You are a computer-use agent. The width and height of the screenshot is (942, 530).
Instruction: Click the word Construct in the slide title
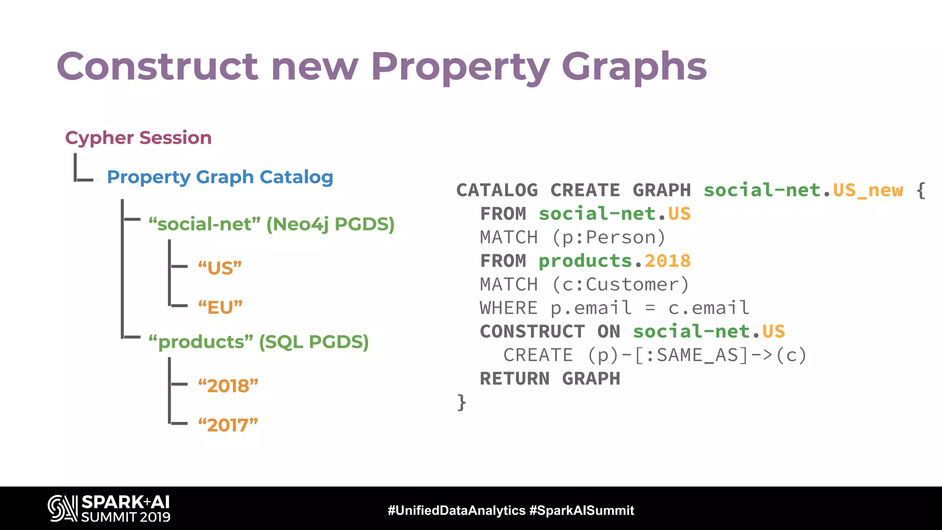[x=157, y=66]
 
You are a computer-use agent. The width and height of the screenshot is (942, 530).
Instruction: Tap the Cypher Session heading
[x=138, y=138]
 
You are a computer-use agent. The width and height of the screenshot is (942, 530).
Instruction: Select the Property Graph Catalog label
[x=220, y=177]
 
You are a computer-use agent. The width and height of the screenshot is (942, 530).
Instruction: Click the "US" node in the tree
[x=220, y=268]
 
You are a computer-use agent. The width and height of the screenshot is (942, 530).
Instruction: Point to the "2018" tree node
[x=228, y=386]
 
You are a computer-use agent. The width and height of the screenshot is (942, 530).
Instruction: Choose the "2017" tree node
[x=228, y=425]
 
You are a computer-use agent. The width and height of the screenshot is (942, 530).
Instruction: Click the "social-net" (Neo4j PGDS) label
[x=271, y=224]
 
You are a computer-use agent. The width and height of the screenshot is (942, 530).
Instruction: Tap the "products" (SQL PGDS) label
[x=258, y=342]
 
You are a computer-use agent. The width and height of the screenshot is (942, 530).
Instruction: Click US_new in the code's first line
[x=868, y=190]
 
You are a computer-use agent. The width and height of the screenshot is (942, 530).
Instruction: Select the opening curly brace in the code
[x=920, y=190]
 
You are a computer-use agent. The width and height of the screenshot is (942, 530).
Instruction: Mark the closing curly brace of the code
[x=461, y=402]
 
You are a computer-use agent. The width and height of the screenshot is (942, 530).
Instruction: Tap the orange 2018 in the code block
[x=667, y=261]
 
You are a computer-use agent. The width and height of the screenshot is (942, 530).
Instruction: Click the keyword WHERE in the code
[x=508, y=308]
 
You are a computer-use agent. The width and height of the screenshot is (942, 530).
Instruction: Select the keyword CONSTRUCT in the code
[x=532, y=331]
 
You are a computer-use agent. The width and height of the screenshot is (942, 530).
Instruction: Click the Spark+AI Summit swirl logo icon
[x=63, y=508]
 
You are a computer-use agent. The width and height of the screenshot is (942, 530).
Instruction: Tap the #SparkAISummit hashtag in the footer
[x=581, y=510]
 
